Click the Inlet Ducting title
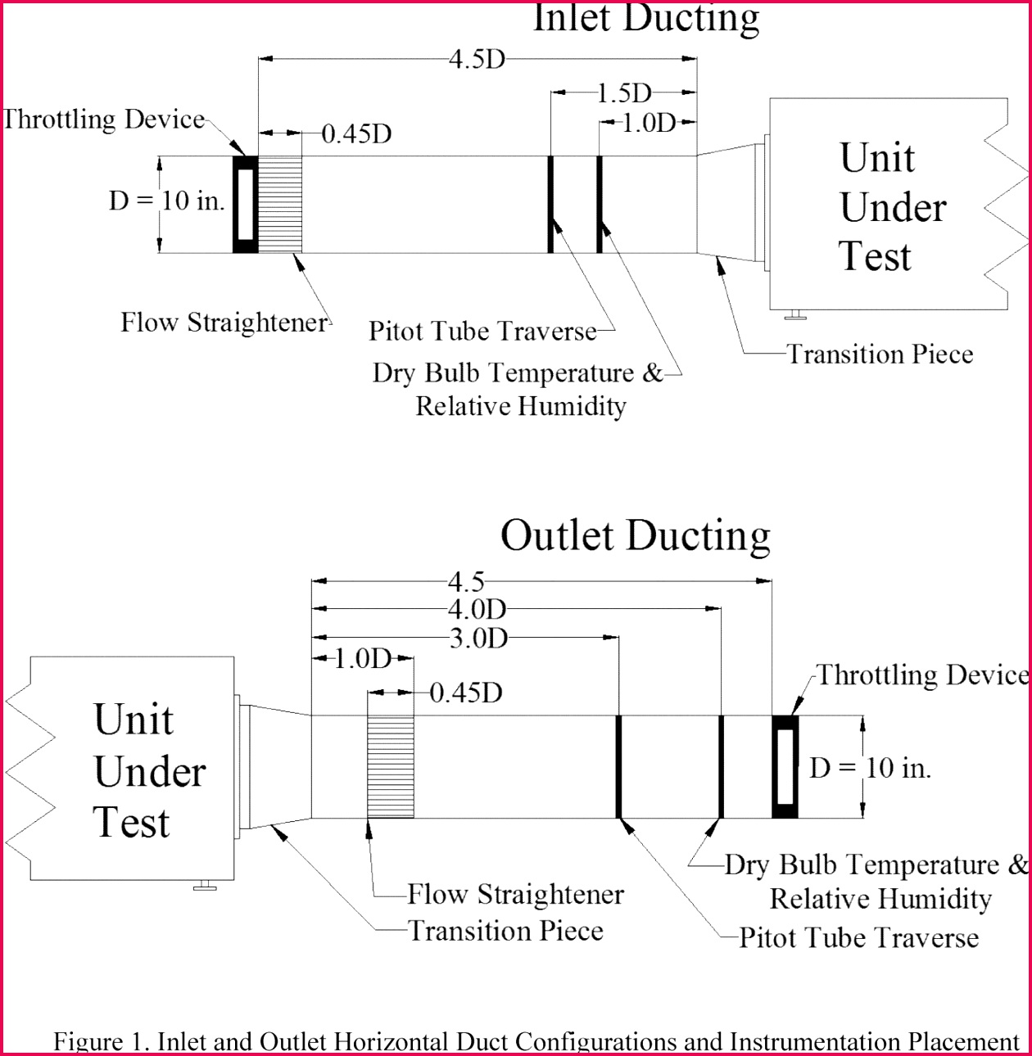pyautogui.click(x=646, y=18)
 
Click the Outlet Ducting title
pyautogui.click(x=635, y=536)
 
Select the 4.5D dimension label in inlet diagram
pyautogui.click(x=477, y=60)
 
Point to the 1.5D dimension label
pyautogui.click(x=623, y=93)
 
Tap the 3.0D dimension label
pyautogui.click(x=478, y=638)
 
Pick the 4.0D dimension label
pyautogui.click(x=477, y=609)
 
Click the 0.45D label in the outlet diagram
pyautogui.click(x=466, y=693)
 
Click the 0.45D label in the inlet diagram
pyautogui.click(x=356, y=133)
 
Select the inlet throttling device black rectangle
pyautogui.click(x=245, y=204)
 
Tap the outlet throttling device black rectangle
pyautogui.click(x=785, y=767)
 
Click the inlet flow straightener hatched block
pyautogui.click(x=280, y=204)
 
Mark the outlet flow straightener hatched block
pyautogui.click(x=391, y=767)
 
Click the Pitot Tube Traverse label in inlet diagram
pyautogui.click(x=482, y=332)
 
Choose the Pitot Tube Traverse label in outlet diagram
pyautogui.click(x=858, y=938)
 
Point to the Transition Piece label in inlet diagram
pyautogui.click(x=880, y=354)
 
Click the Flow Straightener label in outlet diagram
pyautogui.click(x=515, y=895)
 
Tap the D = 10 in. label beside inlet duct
pyautogui.click(x=167, y=201)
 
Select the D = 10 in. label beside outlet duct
pyautogui.click(x=870, y=768)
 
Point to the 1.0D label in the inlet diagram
pyautogui.click(x=649, y=124)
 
